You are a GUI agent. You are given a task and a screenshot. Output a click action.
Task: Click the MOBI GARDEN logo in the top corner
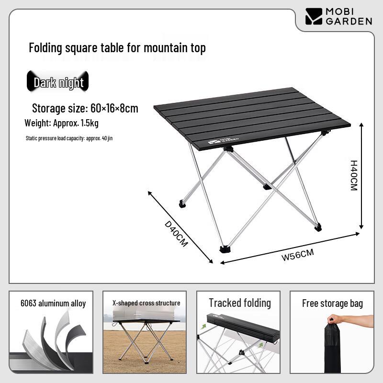click(x=338, y=17)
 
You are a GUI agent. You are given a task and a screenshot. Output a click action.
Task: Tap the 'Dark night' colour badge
click(x=57, y=81)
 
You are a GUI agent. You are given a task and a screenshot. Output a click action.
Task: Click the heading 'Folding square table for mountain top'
click(x=117, y=47)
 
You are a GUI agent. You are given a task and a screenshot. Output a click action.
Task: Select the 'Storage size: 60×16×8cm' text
click(x=85, y=108)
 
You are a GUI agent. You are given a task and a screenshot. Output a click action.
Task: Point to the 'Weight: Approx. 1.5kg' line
click(x=62, y=123)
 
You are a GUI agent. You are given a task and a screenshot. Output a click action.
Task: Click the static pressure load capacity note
click(x=69, y=138)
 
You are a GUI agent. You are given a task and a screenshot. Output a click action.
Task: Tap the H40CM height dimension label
click(x=354, y=175)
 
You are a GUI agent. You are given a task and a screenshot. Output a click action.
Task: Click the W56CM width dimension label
click(x=297, y=255)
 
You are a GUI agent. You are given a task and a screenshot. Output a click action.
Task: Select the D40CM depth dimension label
click(x=176, y=234)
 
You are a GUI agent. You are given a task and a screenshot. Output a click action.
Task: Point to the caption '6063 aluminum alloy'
click(x=53, y=304)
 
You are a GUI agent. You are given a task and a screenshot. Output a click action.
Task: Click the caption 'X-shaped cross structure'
click(x=146, y=303)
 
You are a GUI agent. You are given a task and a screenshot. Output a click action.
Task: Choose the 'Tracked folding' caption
click(x=240, y=303)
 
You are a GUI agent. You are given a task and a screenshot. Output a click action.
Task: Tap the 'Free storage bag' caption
click(x=332, y=304)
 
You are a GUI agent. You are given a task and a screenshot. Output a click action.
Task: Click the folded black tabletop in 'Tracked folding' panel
click(x=243, y=326)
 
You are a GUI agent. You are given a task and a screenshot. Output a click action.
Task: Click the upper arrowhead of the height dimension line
click(x=361, y=125)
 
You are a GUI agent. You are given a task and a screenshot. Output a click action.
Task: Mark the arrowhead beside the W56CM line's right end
click(x=357, y=234)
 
